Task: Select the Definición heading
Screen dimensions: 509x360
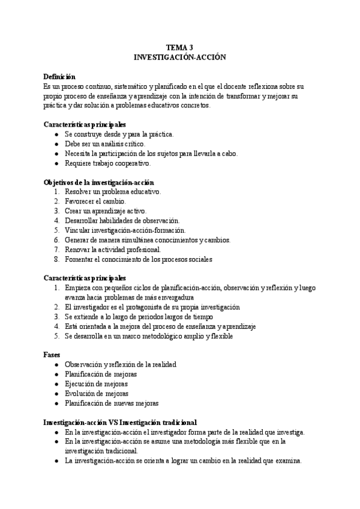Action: tap(59, 76)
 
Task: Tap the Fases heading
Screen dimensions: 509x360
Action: tap(53, 355)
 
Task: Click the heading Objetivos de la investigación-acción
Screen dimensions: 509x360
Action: tap(98, 182)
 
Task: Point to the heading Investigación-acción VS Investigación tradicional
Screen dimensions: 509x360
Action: tap(120, 422)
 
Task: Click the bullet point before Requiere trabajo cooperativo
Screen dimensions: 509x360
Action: tap(56, 163)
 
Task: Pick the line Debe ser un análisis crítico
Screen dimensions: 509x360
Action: tap(104, 143)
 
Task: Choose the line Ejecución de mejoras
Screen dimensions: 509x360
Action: tap(96, 384)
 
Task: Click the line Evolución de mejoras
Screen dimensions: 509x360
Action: tap(96, 393)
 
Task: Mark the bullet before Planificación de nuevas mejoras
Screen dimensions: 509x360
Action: tap(56, 403)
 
